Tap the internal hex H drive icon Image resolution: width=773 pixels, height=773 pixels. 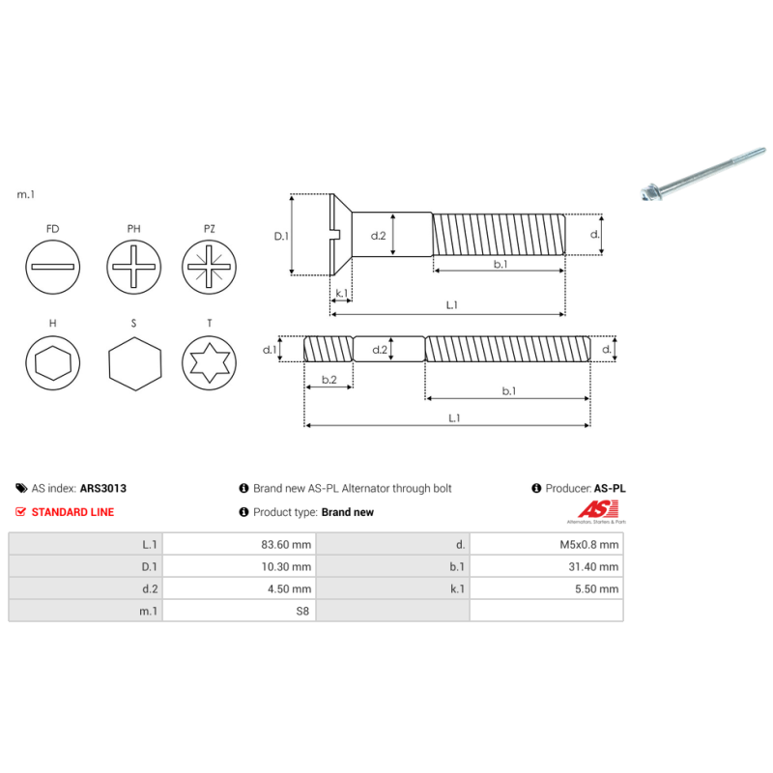point(52,363)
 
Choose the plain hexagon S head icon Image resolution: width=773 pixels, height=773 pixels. point(133,363)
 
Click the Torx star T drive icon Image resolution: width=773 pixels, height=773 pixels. point(210,363)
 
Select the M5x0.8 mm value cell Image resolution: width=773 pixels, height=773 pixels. point(589,544)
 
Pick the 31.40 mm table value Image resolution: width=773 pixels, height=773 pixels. point(593,566)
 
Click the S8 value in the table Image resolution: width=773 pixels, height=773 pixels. point(302,611)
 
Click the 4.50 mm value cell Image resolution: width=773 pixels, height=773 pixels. point(289,588)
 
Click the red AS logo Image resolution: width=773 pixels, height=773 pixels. point(591,509)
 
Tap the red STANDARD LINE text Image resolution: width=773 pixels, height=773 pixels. point(72,512)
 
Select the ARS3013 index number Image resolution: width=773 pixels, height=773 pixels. point(103,489)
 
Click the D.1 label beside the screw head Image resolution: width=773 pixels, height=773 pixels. point(281,236)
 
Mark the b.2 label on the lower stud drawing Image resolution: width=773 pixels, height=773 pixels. point(329,381)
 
